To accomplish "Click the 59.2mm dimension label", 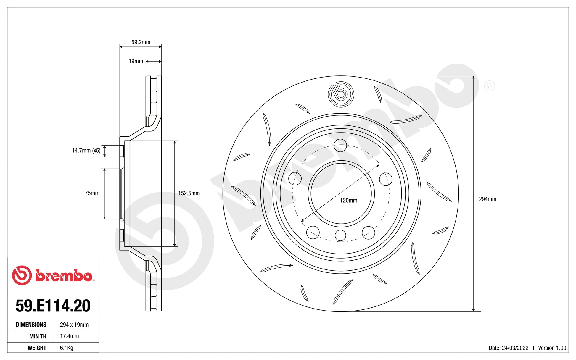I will coord(141,42).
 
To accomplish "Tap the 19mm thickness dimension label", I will coord(136,61).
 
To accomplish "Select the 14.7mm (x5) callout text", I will coord(86,151).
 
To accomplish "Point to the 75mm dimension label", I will coord(92,193).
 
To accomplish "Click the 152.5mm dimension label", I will coord(189,193).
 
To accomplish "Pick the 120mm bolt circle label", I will coord(348,201).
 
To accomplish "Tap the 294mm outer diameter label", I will coord(487,199).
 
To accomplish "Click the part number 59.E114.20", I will coord(53,306).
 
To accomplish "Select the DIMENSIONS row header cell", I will coord(31,325).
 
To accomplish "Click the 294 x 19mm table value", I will coord(74,325).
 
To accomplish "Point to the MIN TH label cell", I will coord(38,336).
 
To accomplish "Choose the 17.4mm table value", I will coord(69,336).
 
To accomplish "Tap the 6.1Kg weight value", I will coord(66,348).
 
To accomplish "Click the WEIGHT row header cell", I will coord(37,348).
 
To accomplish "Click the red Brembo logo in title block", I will coord(53,275).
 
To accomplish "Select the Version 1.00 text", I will coord(552,348).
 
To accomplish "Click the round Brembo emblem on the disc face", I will coord(341,94).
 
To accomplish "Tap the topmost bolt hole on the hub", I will coord(340,146).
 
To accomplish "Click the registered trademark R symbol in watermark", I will coord(489,86).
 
